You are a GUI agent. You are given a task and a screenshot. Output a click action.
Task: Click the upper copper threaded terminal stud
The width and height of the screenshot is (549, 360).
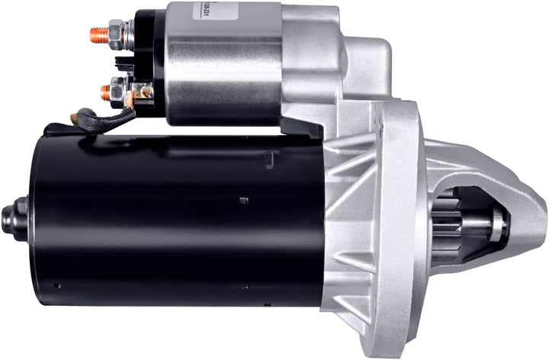coord(98,33)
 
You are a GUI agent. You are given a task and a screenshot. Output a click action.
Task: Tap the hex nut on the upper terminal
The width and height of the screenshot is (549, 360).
coord(117,31)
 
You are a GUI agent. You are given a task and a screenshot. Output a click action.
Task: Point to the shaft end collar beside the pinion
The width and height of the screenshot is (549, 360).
coord(497,222)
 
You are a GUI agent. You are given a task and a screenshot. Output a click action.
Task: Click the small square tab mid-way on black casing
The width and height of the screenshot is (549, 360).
coord(243,201)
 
